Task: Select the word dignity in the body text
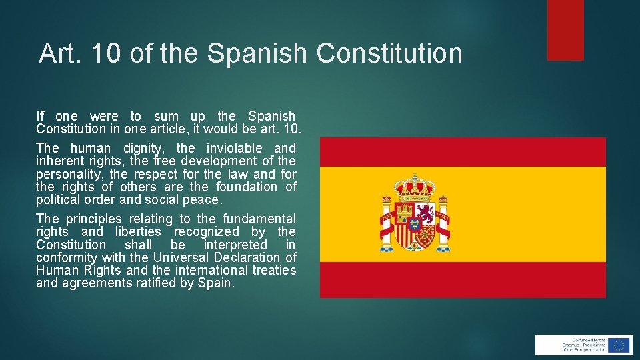145,148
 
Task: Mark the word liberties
138,231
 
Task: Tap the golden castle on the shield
404,213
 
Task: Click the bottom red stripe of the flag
463,279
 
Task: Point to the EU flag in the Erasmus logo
618,345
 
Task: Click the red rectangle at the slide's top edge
565,29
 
